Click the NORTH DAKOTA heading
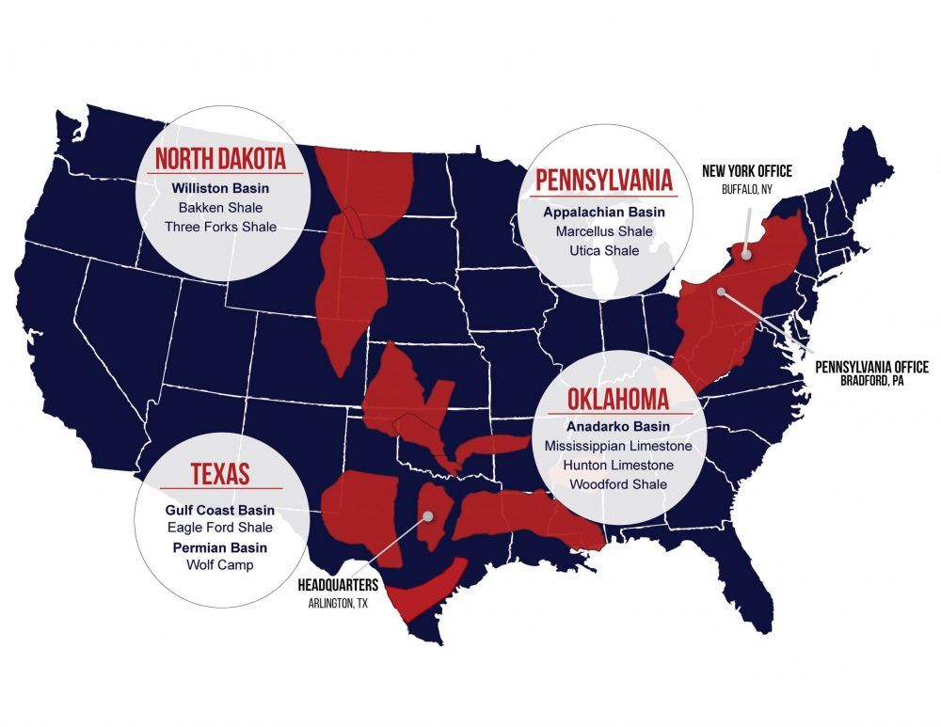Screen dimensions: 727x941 coord(221,158)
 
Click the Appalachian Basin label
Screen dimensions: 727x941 coord(598,212)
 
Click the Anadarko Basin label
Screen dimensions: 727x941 coord(617,426)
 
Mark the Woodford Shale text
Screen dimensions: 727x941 coord(617,484)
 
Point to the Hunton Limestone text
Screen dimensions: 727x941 coord(617,465)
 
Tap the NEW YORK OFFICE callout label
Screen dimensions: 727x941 coord(747,171)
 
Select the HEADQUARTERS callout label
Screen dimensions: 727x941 coord(337,586)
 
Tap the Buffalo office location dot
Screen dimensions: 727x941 coord(745,252)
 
